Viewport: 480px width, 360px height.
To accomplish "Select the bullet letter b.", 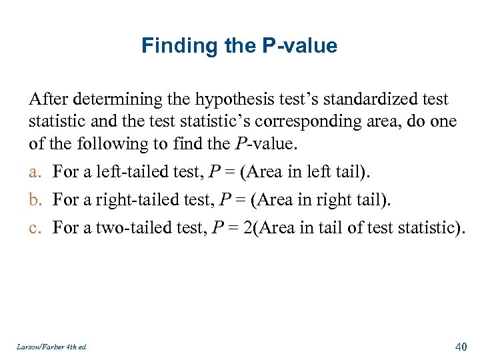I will click(34, 200).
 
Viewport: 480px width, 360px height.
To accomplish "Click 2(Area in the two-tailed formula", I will click(263, 228).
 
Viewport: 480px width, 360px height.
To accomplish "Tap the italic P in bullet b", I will click(214, 200).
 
